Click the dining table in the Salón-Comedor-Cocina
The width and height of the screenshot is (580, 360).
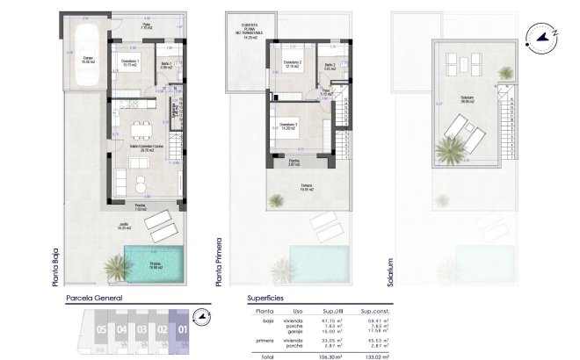pyautogui.click(x=140, y=133)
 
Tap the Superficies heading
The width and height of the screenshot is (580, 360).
pyautogui.click(x=266, y=299)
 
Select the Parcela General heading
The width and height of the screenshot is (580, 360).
pyautogui.click(x=95, y=299)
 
